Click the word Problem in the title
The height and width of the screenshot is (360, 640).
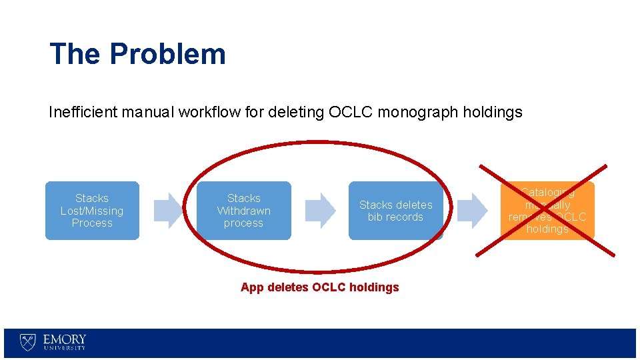(168, 54)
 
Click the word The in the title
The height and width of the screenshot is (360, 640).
(75, 54)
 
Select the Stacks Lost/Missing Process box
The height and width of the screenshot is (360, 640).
(92, 211)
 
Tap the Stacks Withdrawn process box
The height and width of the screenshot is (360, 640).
(244, 211)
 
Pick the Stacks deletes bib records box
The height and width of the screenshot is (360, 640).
(395, 211)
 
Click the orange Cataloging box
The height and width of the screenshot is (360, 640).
(547, 211)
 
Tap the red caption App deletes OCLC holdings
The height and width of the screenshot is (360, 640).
(319, 287)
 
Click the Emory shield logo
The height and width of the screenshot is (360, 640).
(27, 343)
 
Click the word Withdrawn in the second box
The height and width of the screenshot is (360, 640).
(244, 211)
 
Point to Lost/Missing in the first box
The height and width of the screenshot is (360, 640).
(92, 211)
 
